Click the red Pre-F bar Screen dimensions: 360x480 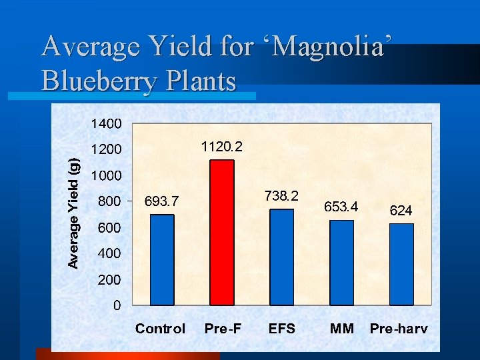(222, 233)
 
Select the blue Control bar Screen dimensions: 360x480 (162, 260)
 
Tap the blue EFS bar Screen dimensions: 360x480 (282, 257)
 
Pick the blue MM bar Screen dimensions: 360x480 (342, 263)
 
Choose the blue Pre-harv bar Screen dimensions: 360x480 (401, 265)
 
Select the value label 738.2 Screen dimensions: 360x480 (281, 195)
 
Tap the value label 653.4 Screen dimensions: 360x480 (341, 207)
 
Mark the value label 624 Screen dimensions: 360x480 (401, 211)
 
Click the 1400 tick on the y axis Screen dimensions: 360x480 (107, 123)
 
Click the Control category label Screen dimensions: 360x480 (161, 328)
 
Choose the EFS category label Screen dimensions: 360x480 (281, 328)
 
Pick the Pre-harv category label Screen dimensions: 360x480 (399, 328)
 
